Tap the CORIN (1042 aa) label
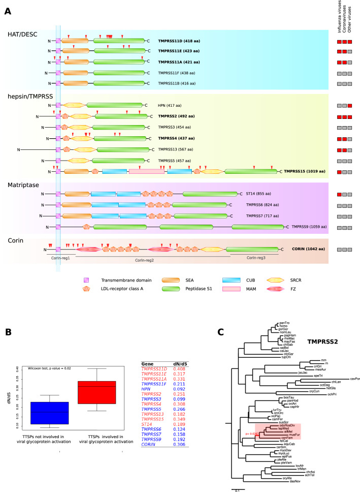306,250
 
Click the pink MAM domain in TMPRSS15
146,172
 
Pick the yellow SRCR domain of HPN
73,105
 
